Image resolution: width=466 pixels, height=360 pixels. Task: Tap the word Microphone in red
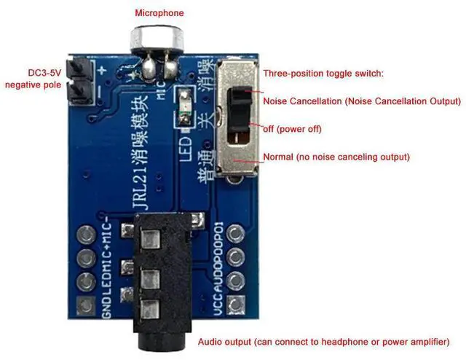coord(159,13)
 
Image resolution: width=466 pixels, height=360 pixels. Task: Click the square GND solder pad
coord(88,305)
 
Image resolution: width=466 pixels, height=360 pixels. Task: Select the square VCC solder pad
coord(235,305)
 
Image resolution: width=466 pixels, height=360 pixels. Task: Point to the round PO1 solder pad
coord(235,235)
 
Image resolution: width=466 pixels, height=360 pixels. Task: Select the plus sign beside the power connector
coord(103,71)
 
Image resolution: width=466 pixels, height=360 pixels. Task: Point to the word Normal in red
coord(280,157)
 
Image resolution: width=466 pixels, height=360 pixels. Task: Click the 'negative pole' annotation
coord(32,85)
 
